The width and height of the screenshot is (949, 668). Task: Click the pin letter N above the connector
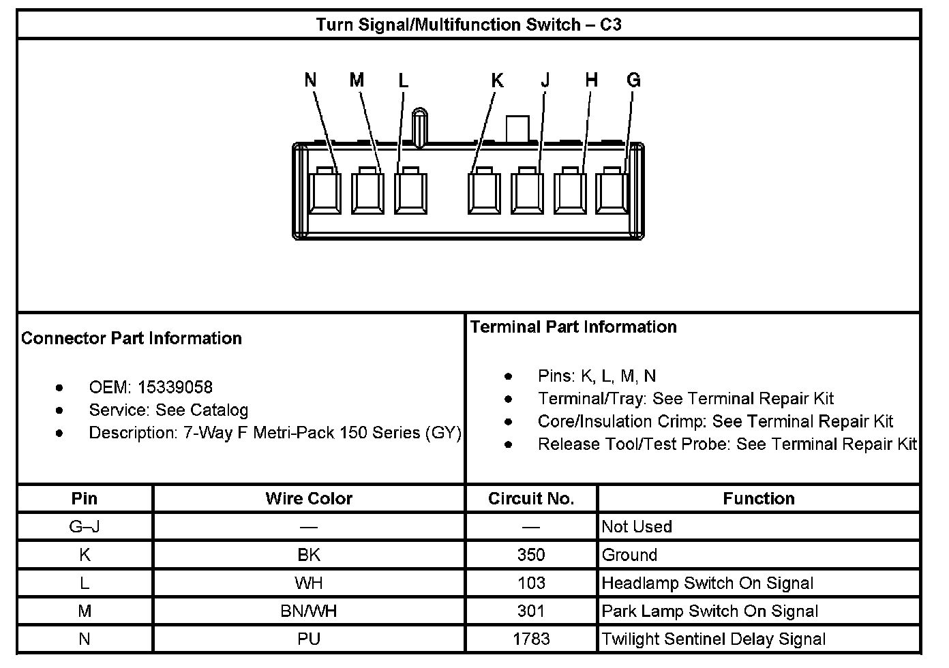[x=311, y=80]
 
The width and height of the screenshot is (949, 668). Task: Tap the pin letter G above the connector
[x=633, y=80]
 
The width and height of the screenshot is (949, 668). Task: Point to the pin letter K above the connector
[x=497, y=80]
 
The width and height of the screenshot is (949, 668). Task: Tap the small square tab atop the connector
[x=517, y=128]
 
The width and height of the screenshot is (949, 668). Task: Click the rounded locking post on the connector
[x=420, y=127]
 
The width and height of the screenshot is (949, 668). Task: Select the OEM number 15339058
[x=175, y=387]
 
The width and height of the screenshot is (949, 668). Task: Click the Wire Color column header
[x=309, y=498]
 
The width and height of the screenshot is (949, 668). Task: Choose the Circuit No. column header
[x=531, y=498]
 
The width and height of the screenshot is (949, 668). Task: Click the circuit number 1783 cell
[x=531, y=639]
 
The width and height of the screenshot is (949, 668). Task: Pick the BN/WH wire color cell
[x=309, y=611]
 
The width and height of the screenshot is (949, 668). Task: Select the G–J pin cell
[x=85, y=526]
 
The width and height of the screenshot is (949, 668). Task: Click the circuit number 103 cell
[x=531, y=583]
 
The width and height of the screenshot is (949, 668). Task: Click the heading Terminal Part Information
[x=573, y=327]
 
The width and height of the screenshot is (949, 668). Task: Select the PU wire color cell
[x=309, y=639]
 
